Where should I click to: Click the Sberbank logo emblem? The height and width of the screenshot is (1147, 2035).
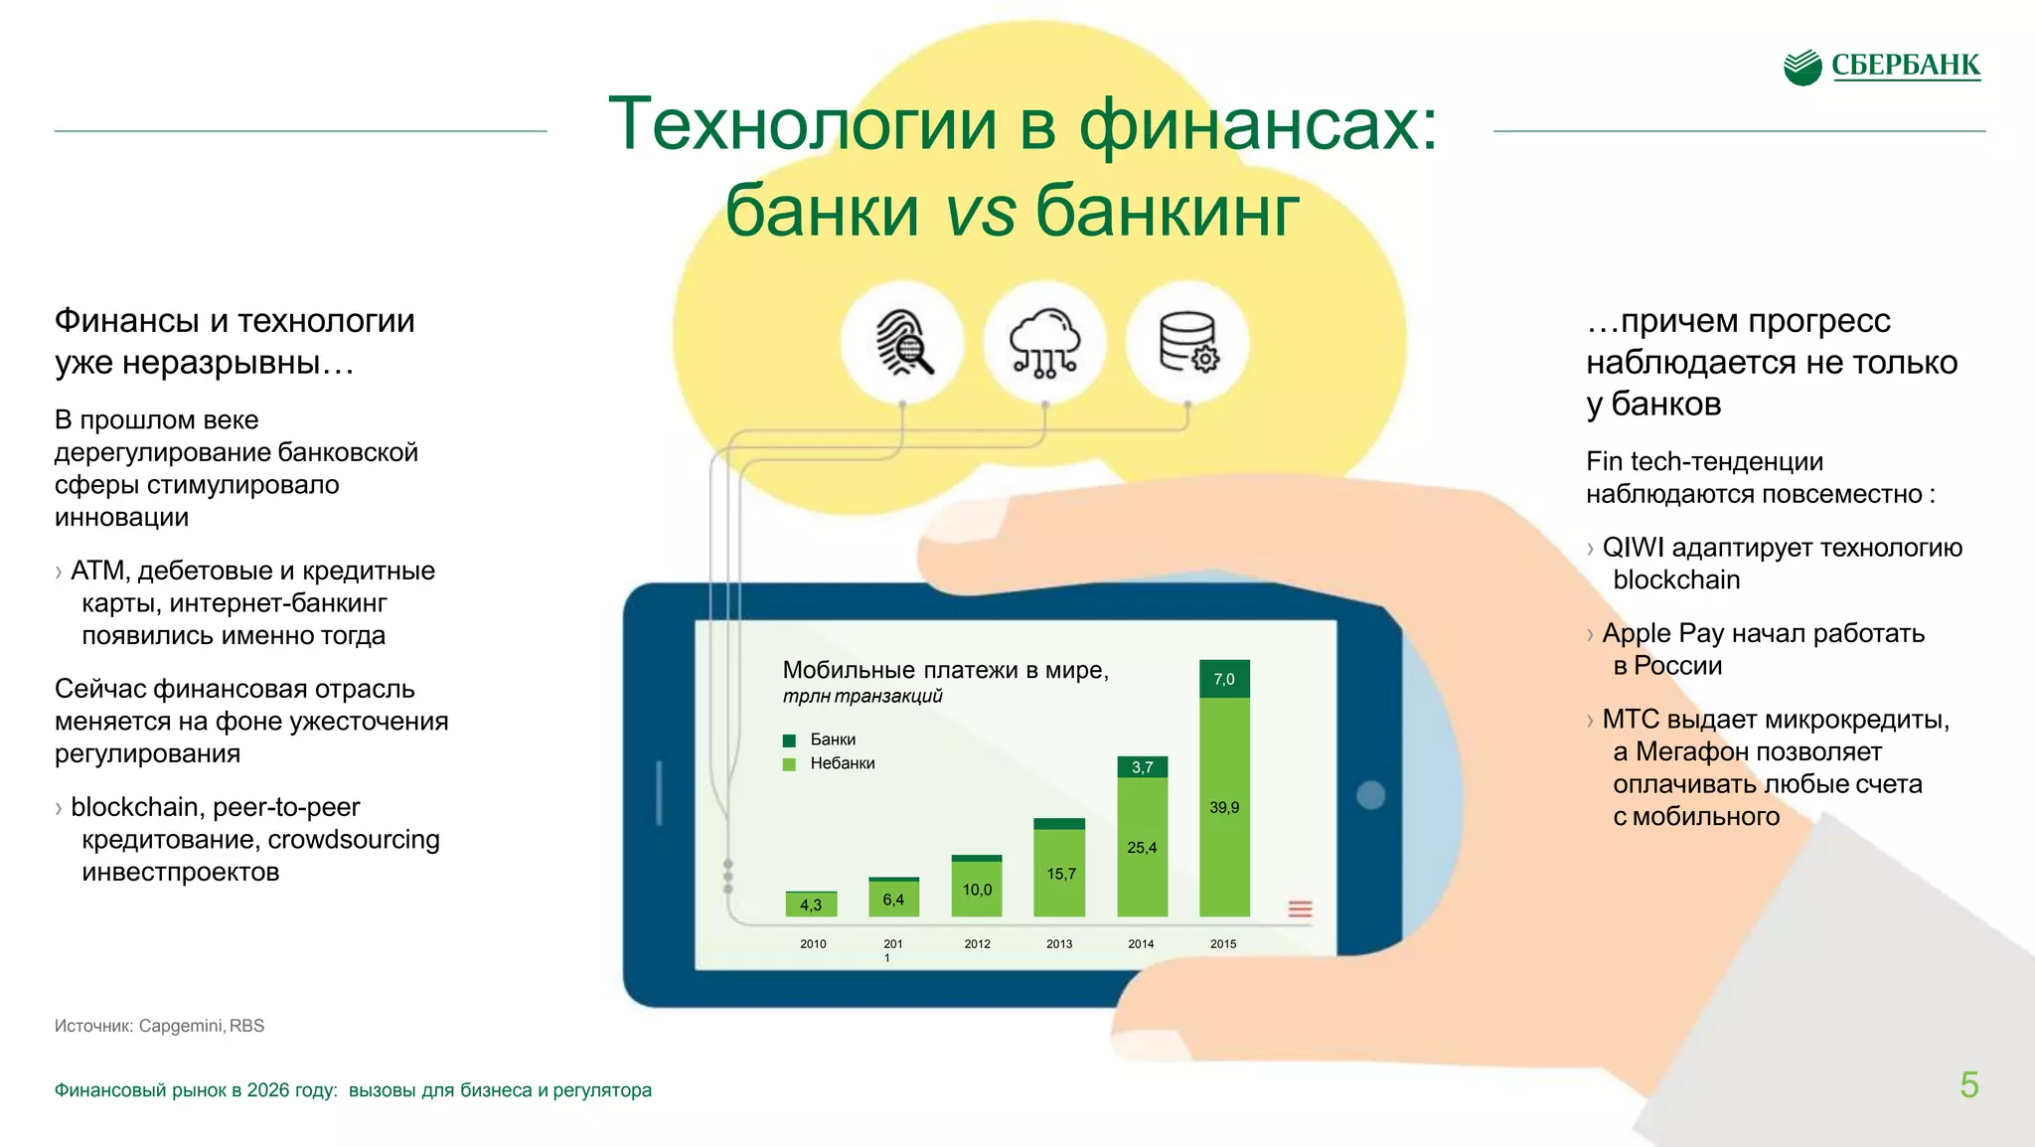point(1802,67)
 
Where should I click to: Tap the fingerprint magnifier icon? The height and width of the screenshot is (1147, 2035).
point(902,342)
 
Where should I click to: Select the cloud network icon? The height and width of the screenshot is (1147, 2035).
point(1044,342)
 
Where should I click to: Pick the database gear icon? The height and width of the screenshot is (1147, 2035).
point(1187,342)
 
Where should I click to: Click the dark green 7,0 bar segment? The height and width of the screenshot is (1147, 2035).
point(1224,679)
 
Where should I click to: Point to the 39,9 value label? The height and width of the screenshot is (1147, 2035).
point(1224,807)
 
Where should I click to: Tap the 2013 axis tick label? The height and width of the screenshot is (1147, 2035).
point(1059,943)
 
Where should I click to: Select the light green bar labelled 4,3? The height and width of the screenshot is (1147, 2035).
point(811,904)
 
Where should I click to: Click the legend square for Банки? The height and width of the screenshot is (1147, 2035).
point(790,740)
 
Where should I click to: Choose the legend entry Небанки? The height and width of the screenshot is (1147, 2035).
point(842,763)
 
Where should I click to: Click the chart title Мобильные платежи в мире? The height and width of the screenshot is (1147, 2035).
point(945,670)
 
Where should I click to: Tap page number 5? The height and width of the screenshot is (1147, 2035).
point(1968,1084)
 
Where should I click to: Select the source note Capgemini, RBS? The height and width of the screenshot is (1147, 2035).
point(201,1026)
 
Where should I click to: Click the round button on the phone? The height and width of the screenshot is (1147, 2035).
point(1370,795)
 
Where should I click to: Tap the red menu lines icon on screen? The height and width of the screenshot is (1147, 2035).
point(1300,908)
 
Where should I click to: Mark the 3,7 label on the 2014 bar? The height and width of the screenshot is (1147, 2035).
point(1142,767)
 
